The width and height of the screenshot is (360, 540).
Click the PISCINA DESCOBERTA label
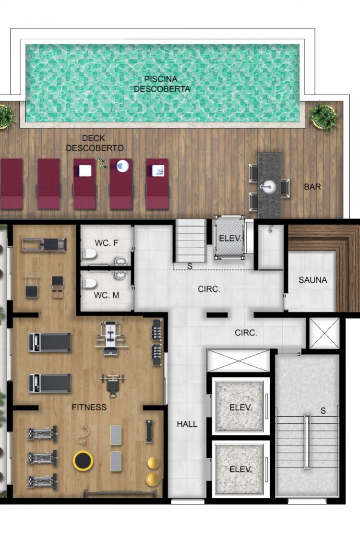point(162,84)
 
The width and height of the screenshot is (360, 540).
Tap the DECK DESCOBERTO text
point(95,143)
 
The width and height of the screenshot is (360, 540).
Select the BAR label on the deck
point(312,187)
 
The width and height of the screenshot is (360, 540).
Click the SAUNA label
point(313,280)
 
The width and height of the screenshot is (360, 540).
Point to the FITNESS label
point(89,407)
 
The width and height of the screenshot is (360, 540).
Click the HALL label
point(187,424)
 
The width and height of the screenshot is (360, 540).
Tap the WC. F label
point(107,243)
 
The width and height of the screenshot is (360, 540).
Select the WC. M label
point(107,295)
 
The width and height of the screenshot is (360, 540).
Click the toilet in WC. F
point(89,254)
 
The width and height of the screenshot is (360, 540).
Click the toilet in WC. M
point(89,283)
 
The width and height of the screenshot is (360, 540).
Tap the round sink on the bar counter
point(269,187)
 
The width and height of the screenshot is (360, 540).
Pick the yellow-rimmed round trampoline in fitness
point(83,461)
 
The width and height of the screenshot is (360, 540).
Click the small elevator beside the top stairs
point(229,238)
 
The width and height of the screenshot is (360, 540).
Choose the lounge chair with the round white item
point(121,184)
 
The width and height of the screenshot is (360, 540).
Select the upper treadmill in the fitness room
point(50,342)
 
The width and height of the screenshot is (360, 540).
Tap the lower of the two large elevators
point(240,469)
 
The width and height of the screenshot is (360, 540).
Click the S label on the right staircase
point(323,410)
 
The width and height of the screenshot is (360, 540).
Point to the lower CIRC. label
point(246,333)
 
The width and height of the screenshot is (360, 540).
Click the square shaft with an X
point(324,334)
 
